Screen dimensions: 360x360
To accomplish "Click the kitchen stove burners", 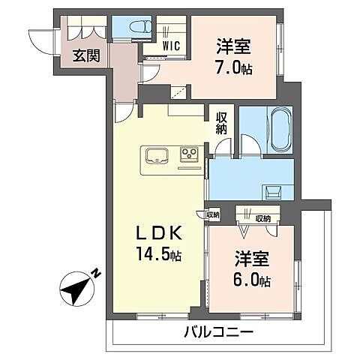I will pyautogui.click(x=189, y=156).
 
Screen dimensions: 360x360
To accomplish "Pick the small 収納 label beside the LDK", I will pyautogui.click(x=213, y=214).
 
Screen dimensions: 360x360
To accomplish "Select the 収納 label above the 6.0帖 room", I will pyautogui.click(x=262, y=218).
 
